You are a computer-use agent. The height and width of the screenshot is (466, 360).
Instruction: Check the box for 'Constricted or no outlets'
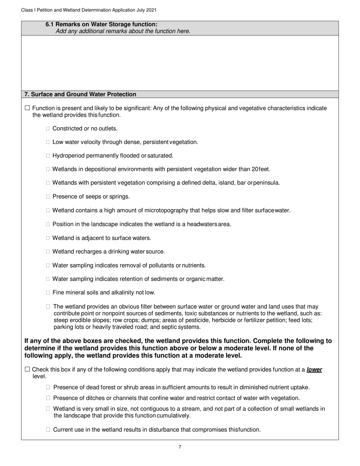coord(48,129)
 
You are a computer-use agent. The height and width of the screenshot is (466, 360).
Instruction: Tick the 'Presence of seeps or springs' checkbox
coord(48,197)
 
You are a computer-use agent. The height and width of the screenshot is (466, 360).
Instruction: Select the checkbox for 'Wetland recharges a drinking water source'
coord(48,252)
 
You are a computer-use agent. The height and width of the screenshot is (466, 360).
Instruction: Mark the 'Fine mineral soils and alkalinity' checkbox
coord(48,293)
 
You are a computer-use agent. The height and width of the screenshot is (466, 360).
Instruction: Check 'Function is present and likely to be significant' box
coord(27,108)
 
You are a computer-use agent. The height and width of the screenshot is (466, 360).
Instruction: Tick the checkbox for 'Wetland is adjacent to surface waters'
coord(48,238)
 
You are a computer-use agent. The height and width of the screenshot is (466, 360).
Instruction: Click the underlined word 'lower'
coord(314,369)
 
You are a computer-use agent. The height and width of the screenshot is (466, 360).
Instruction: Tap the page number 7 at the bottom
coord(180,447)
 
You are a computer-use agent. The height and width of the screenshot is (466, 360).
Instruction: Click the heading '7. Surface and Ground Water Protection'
coord(80,94)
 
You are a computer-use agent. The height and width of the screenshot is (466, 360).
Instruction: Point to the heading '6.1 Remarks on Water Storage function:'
coord(102,24)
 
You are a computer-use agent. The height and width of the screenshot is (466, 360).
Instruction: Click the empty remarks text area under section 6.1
coord(180,63)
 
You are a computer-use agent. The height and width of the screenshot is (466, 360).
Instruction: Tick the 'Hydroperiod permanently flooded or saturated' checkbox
coord(48,156)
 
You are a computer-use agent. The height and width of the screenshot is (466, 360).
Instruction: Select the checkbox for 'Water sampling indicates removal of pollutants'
coord(48,266)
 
